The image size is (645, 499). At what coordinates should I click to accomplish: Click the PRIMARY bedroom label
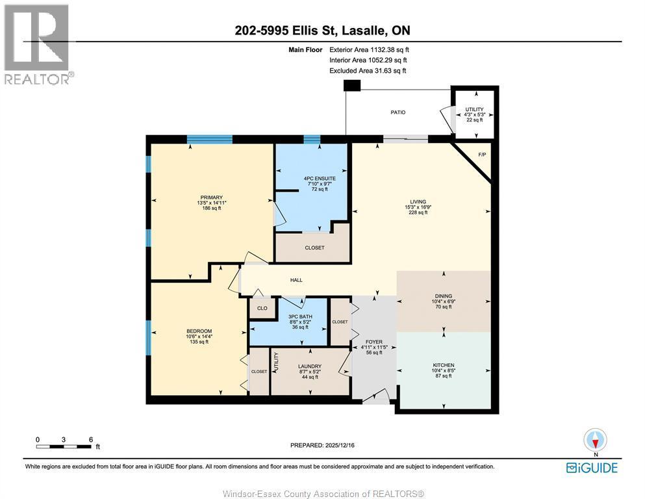pos(211,198)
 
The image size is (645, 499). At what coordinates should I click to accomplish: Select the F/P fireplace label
pos(482,155)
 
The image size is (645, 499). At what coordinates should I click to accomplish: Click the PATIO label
pos(398,112)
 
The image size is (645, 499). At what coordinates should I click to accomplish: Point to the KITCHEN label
pos(443,365)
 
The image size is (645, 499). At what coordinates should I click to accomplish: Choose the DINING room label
pos(443,296)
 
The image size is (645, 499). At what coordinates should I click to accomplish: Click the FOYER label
pos(373,340)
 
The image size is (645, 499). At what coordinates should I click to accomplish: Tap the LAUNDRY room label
pos(309,366)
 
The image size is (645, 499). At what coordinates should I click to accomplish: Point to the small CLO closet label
pos(262,309)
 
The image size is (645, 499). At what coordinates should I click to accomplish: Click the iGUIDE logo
pos(591,467)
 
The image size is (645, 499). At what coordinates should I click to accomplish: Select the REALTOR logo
pos(38,44)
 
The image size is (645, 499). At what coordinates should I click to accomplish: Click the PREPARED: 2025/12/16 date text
pos(322,445)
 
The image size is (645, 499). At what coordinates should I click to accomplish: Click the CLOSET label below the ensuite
pos(314,248)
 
